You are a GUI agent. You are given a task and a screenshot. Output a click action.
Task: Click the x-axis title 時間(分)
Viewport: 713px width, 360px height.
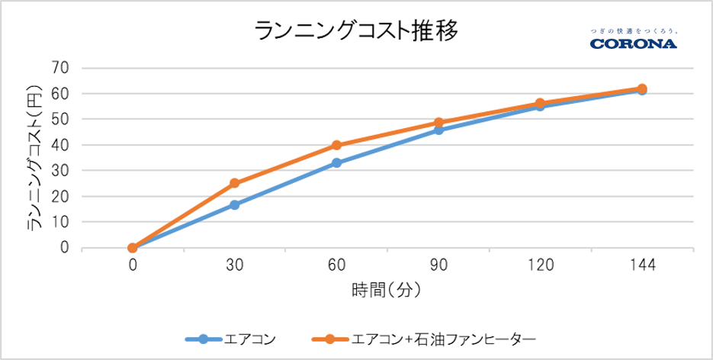click(387, 291)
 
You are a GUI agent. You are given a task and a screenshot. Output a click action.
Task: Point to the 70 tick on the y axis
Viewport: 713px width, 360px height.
click(60, 68)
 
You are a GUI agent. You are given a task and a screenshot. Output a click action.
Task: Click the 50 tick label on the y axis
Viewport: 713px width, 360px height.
click(60, 120)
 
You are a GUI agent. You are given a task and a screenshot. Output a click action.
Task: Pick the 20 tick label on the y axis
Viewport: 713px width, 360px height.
click(60, 197)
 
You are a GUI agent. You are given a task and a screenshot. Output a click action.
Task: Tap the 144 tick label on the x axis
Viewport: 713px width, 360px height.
click(641, 265)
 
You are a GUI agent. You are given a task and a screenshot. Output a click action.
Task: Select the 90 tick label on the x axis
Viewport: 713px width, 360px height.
click(438, 265)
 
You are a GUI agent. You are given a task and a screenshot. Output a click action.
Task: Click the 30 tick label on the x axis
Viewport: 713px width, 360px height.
click(234, 265)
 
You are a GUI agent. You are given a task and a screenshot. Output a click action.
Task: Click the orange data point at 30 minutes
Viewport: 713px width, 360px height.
click(234, 183)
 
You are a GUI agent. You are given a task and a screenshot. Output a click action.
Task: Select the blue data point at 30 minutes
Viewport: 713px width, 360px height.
click(234, 205)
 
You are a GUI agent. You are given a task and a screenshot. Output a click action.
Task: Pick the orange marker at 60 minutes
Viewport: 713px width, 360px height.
click(336, 145)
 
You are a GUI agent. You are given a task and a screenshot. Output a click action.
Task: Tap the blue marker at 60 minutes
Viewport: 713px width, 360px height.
click(336, 162)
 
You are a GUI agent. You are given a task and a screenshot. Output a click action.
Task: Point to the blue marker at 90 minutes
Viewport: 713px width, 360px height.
click(438, 130)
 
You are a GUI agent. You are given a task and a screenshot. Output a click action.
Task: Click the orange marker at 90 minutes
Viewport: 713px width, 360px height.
click(438, 122)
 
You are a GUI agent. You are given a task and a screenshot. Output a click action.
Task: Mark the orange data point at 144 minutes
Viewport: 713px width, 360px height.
click(642, 88)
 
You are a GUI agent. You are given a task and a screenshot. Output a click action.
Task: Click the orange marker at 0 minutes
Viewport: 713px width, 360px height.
click(133, 248)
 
